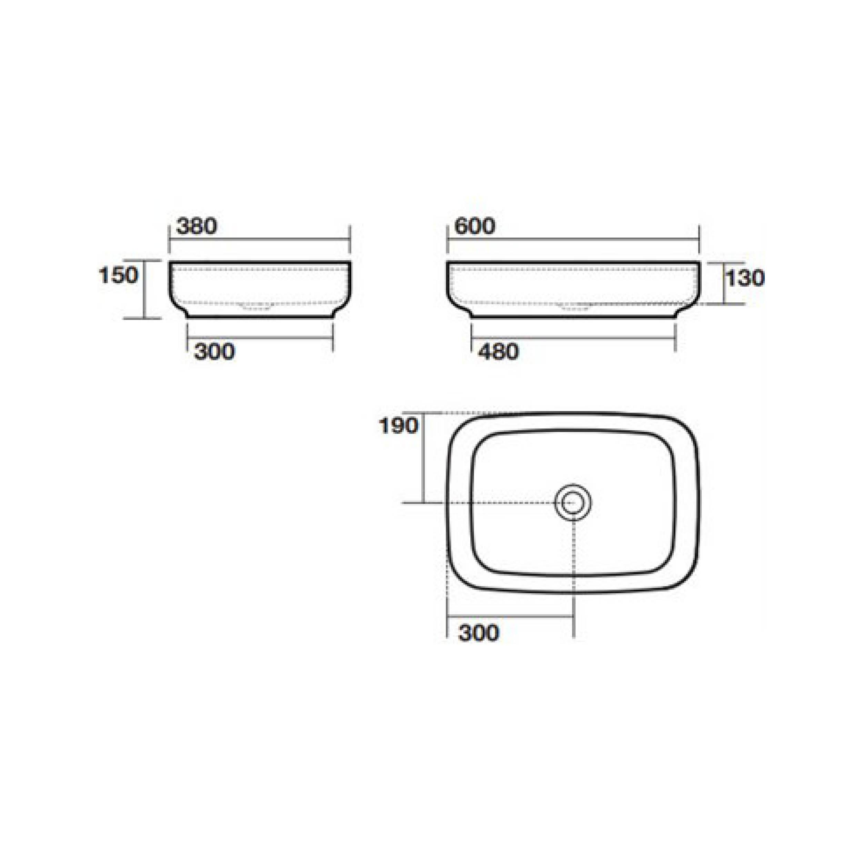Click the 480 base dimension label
coord(498,352)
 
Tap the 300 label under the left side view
coord(214,352)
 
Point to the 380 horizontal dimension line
coord(260,239)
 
